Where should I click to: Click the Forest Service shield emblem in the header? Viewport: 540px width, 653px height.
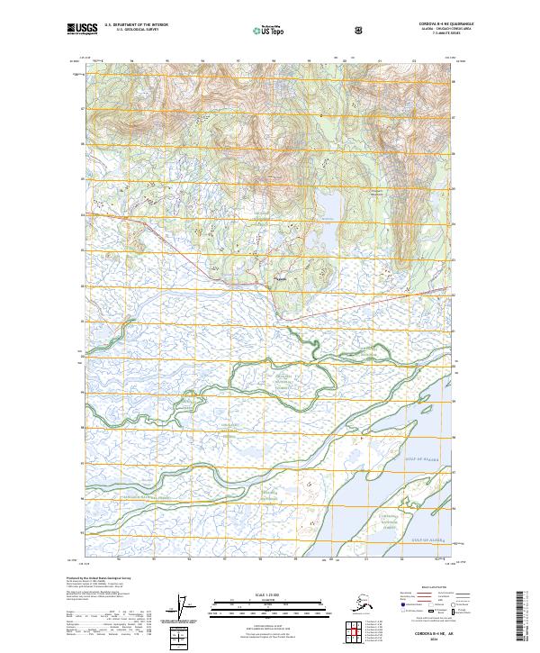(361, 30)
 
